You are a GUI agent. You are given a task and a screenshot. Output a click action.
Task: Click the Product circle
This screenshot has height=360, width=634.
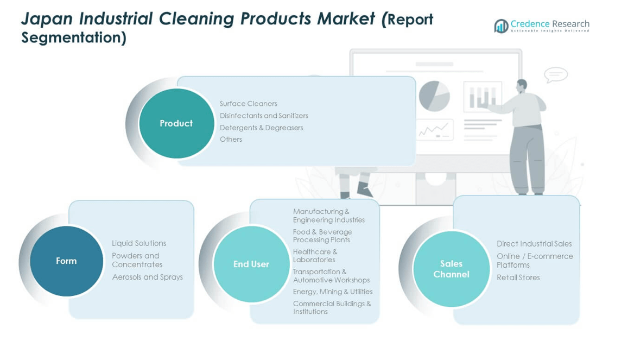coord(176,123)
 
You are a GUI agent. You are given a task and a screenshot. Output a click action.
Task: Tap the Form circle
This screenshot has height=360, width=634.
coord(66,261)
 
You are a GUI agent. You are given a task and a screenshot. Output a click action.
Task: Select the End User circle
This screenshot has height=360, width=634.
coord(251,264)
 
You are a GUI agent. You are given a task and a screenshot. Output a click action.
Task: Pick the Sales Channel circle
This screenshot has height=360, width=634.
coord(451,269)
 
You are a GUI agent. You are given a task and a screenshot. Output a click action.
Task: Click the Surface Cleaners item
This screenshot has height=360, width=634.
coord(248,104)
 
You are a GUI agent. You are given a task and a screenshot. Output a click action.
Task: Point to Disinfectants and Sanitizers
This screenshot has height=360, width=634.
coord(264,116)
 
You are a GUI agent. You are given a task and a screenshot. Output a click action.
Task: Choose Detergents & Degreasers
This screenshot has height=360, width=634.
coord(261,128)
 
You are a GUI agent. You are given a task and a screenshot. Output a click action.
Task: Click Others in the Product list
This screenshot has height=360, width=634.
coord(231,139)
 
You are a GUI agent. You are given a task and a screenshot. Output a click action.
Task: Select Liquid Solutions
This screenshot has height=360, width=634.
coord(139,243)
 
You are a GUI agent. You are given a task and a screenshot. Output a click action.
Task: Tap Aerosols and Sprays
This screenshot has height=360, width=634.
coord(148,277)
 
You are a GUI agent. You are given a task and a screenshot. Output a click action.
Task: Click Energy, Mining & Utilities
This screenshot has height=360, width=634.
coord(333,292)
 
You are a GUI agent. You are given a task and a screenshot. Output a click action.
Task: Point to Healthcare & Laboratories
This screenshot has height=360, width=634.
coord(315,256)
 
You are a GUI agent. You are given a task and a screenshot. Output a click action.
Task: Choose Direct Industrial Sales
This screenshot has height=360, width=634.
coord(534,243)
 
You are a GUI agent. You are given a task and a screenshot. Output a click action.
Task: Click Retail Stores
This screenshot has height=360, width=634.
coord(518,277)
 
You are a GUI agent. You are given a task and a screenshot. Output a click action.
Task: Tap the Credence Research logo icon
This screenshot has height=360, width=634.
coord(502,26)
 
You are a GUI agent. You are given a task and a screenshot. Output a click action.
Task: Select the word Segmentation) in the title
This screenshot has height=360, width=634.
coord(74,37)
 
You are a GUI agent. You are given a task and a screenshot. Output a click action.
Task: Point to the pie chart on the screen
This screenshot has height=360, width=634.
coord(434,96)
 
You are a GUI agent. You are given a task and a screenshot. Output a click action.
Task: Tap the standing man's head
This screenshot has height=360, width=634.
coord(522,85)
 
